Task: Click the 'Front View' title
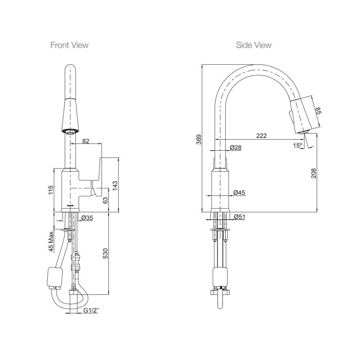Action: pyautogui.click(x=69, y=45)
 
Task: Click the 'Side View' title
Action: pyautogui.click(x=253, y=45)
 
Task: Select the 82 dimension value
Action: pyautogui.click(x=86, y=141)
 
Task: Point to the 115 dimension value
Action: pyautogui.click(x=51, y=190)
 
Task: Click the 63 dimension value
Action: pyautogui.click(x=105, y=201)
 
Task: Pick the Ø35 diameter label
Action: pyautogui.click(x=87, y=218)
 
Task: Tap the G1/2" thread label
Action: pyautogui.click(x=90, y=310)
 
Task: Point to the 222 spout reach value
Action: pyautogui.click(x=261, y=136)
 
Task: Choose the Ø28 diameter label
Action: pyautogui.click(x=235, y=148)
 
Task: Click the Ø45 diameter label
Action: pyautogui.click(x=239, y=193)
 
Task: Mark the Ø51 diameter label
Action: pyautogui.click(x=239, y=217)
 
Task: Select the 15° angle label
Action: pyautogui.click(x=297, y=145)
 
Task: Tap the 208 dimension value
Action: pyautogui.click(x=314, y=173)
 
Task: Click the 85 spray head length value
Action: pyautogui.click(x=318, y=111)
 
